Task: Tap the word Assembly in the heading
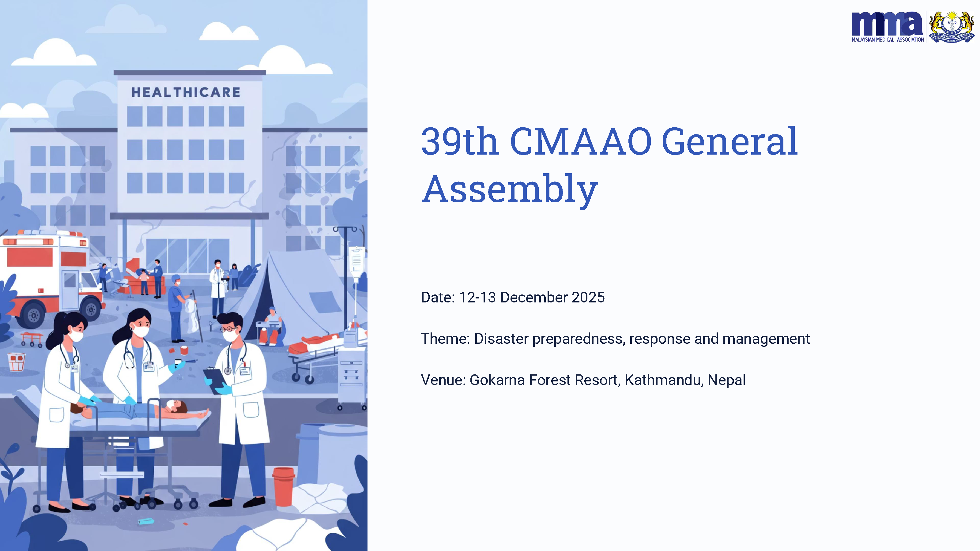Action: (510, 190)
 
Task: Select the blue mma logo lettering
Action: (887, 24)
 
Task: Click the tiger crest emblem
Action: (952, 27)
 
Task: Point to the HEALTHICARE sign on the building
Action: (186, 92)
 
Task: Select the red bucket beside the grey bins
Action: (284, 487)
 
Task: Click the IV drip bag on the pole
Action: (356, 262)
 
